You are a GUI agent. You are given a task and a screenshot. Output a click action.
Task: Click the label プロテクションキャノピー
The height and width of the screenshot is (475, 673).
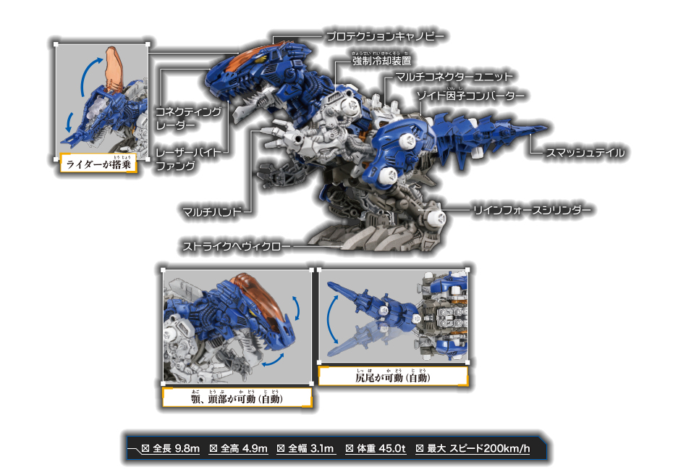pyautogui.click(x=385, y=36)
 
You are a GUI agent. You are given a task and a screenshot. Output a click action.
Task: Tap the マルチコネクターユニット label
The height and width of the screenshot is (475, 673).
pyautogui.click(x=454, y=77)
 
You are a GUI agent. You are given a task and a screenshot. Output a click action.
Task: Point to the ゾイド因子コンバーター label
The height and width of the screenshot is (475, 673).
pyautogui.click(x=471, y=96)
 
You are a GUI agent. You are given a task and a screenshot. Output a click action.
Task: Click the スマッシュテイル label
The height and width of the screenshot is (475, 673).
pyautogui.click(x=585, y=153)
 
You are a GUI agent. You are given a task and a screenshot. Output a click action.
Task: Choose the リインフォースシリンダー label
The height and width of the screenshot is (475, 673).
pyautogui.click(x=532, y=210)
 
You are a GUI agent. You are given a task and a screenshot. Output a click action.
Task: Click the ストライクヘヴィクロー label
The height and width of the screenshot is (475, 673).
pyautogui.click(x=237, y=246)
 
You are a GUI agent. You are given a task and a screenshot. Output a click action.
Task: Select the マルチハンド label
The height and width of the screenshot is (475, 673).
pyautogui.click(x=212, y=211)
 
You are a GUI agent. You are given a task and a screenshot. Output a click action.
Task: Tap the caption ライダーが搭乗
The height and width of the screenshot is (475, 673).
pyautogui.click(x=98, y=163)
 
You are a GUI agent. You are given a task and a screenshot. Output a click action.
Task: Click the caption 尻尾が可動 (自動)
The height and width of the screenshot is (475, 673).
pyautogui.click(x=393, y=377)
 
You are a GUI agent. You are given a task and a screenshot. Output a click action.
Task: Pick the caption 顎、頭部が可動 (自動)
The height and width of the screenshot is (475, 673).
pyautogui.click(x=237, y=398)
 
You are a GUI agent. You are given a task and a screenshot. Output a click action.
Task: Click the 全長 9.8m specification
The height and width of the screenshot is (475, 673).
pyautogui.click(x=170, y=449)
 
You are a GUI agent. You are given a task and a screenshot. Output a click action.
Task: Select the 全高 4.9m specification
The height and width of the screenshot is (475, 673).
pyautogui.click(x=238, y=449)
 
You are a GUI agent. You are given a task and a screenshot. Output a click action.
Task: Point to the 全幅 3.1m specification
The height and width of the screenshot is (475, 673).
pyautogui.click(x=305, y=449)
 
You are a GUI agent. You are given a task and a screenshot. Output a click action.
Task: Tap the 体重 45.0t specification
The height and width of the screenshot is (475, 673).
pyautogui.click(x=376, y=449)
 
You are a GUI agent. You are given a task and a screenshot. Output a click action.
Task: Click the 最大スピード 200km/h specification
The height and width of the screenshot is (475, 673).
pyautogui.click(x=473, y=449)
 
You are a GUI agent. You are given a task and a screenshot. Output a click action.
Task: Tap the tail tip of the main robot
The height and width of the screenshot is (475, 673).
pyautogui.click(x=547, y=127)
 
